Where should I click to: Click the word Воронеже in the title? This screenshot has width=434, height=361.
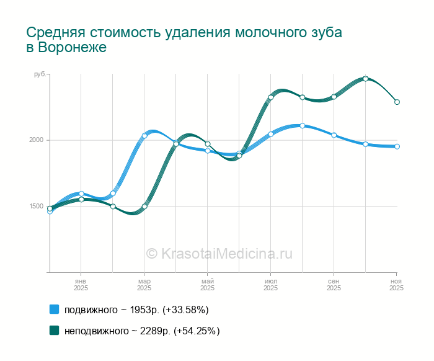click(x=73, y=48)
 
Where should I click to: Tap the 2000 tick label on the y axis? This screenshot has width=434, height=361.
click(x=36, y=140)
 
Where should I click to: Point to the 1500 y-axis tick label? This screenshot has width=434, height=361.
click(x=36, y=207)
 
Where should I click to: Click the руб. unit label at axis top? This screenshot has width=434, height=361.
click(x=39, y=74)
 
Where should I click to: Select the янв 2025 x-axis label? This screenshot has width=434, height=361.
click(x=81, y=285)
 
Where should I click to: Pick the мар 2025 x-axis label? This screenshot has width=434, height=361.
click(x=144, y=285)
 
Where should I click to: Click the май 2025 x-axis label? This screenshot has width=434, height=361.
click(x=208, y=285)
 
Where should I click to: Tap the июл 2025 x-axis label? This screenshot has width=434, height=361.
click(x=270, y=285)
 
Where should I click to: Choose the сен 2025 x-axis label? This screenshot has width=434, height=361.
click(x=334, y=285)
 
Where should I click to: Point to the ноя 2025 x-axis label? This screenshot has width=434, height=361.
click(x=396, y=285)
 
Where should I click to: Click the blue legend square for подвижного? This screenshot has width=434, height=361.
click(x=54, y=309)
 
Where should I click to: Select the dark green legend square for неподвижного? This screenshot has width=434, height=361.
click(x=54, y=331)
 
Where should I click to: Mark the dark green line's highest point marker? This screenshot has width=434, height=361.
click(x=366, y=79)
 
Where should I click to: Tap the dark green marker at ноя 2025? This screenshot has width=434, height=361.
click(x=397, y=102)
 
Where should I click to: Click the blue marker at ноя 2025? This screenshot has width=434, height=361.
click(x=397, y=146)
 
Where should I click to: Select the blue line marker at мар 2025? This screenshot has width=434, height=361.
click(x=144, y=136)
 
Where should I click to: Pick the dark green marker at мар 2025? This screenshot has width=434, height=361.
click(x=144, y=207)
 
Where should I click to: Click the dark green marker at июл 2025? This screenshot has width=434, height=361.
click(x=271, y=97)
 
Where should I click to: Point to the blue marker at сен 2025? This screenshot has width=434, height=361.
click(x=334, y=135)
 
